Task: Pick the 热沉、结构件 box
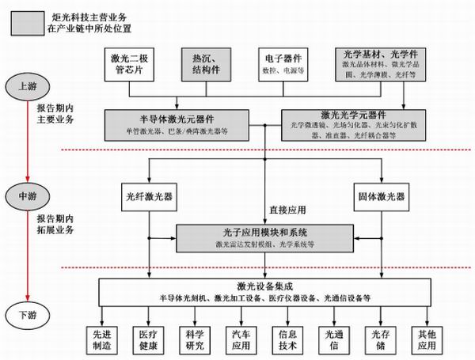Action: tap(209, 64)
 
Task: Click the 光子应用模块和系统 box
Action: tap(266, 237)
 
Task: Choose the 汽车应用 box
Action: tap(241, 339)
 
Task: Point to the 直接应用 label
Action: tap(288, 211)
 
